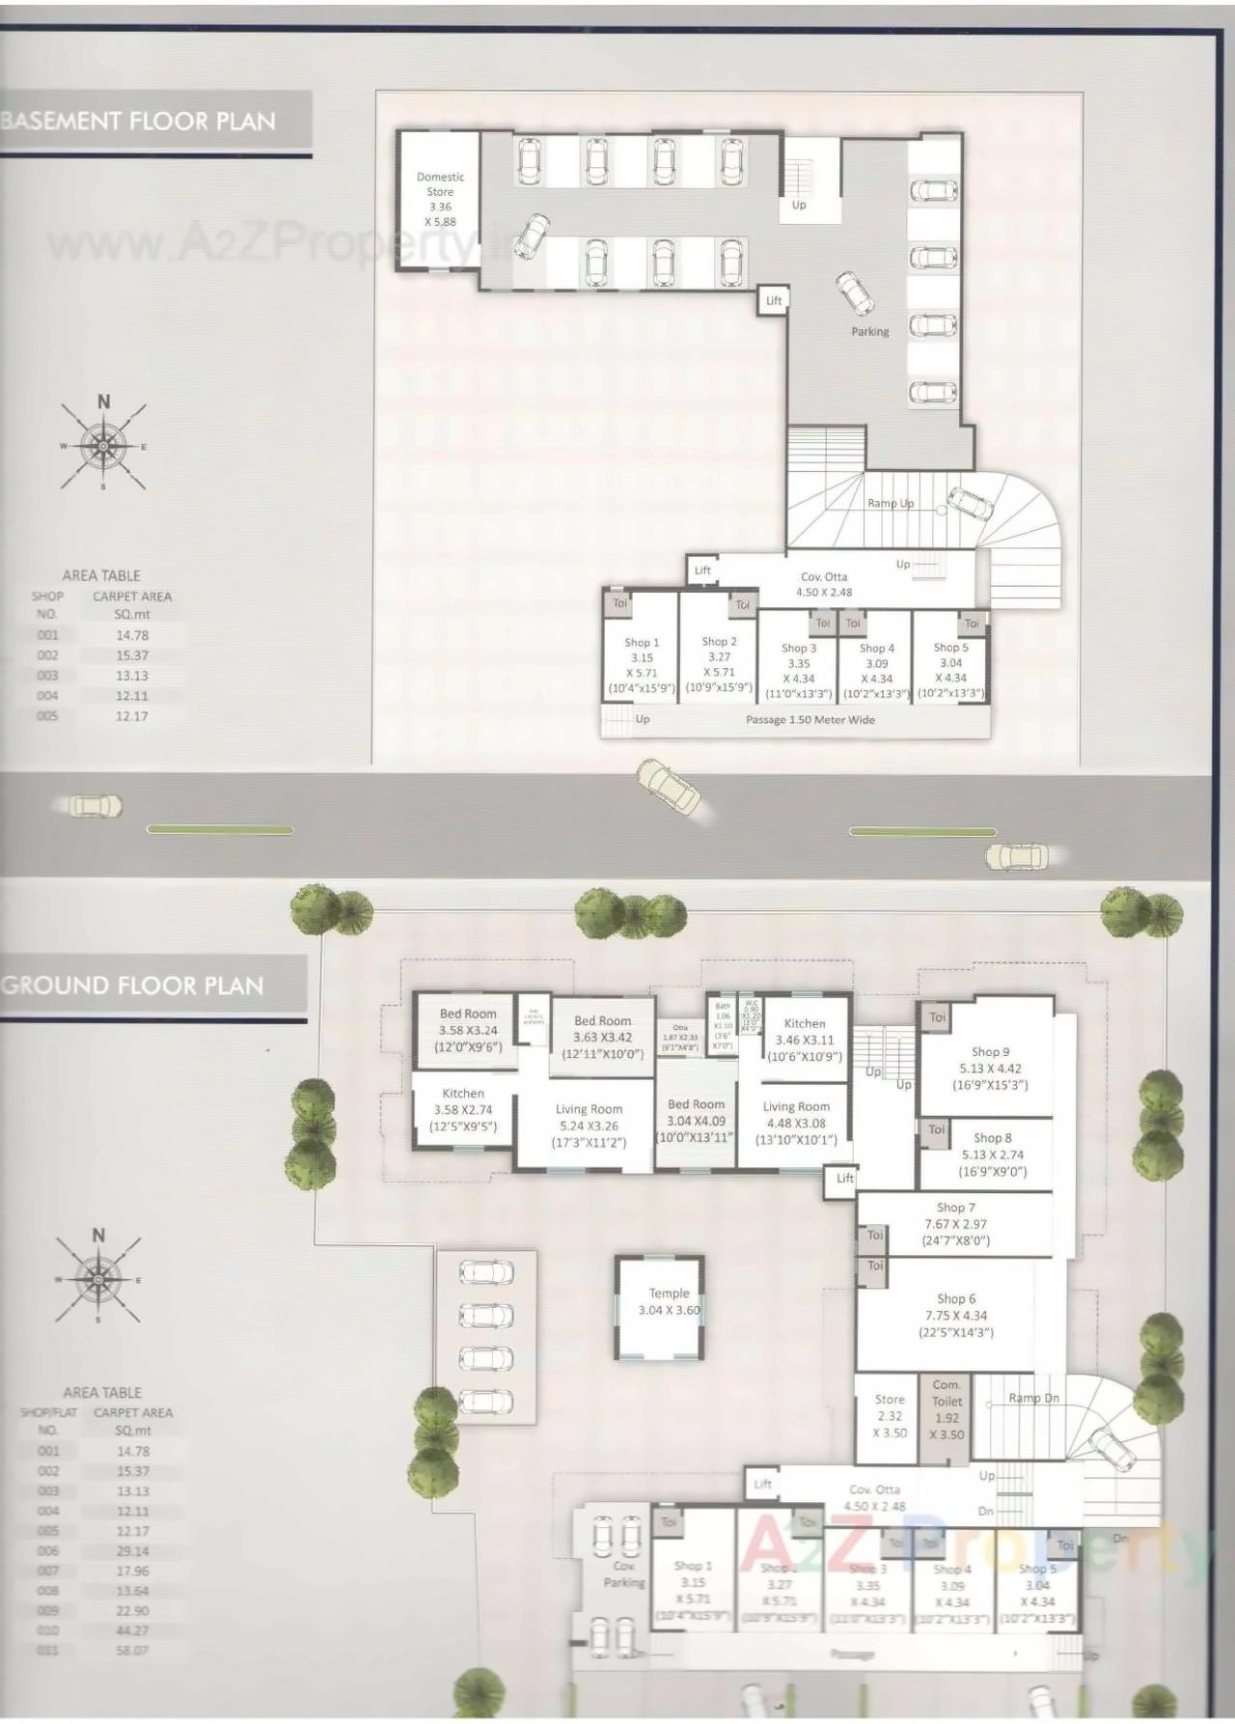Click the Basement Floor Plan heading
(139, 121)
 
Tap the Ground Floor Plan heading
(133, 986)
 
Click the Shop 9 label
(990, 1052)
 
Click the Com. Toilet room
(947, 1409)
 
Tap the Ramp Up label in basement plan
(890, 503)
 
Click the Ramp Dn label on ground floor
(1033, 1398)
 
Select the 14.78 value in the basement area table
(131, 635)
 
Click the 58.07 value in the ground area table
(133, 1651)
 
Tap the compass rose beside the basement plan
(103, 445)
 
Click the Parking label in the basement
(869, 331)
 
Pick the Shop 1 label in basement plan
(642, 642)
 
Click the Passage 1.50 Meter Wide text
(810, 720)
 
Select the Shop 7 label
(955, 1208)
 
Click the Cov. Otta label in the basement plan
(823, 576)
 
